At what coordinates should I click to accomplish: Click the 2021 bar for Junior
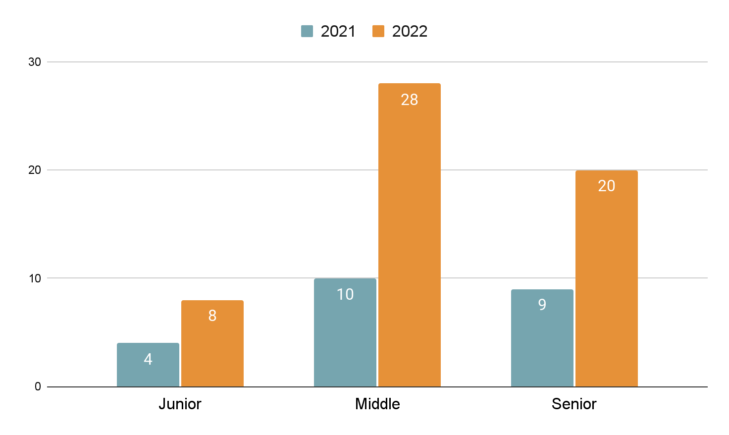[148, 365]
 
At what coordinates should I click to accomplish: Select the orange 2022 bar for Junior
[212, 343]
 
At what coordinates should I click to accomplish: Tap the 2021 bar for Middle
[345, 332]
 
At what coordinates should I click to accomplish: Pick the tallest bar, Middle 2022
[410, 235]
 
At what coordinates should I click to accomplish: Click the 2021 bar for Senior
[542, 338]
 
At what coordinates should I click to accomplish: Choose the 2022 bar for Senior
[607, 278]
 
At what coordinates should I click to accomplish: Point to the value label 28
[410, 100]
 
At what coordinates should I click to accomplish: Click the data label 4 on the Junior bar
[148, 359]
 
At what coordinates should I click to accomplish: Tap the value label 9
[542, 305]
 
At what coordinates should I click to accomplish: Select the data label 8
[212, 316]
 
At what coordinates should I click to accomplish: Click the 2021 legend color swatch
[307, 31]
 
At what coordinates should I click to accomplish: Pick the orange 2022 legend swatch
[378, 31]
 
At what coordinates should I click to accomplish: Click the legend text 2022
[410, 32]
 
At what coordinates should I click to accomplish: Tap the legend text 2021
[338, 32]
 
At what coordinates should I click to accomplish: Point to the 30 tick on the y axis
[35, 62]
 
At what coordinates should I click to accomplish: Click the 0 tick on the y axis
[38, 386]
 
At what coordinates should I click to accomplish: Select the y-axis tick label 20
[35, 170]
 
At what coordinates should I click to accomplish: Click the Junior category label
[180, 404]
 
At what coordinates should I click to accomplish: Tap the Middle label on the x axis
[377, 404]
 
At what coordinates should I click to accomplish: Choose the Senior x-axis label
[574, 404]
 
